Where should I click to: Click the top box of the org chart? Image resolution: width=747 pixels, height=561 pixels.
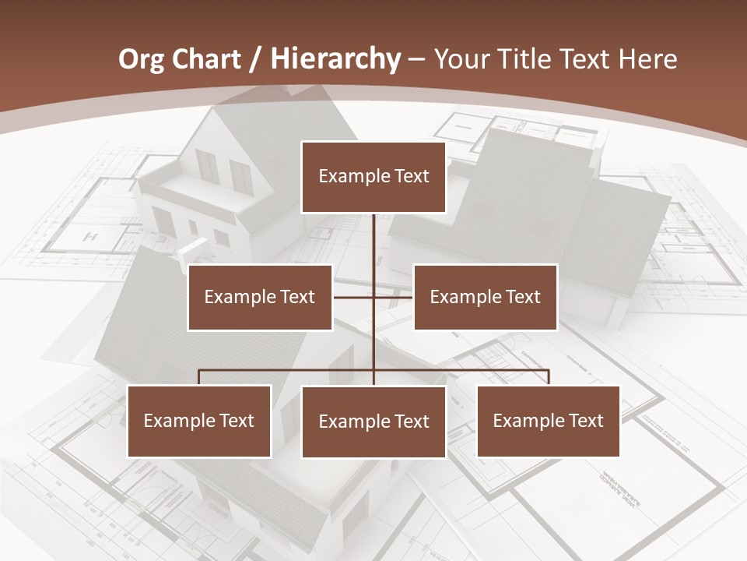click(x=373, y=177)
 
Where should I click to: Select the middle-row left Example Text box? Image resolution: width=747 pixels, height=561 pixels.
click(x=260, y=297)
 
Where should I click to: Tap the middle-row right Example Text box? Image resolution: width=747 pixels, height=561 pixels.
click(x=485, y=297)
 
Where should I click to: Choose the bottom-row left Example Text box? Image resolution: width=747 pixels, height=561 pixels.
click(x=199, y=421)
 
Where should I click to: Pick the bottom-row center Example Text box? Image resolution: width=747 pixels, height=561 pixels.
click(x=373, y=422)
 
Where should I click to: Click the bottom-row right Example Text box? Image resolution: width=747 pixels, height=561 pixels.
click(x=549, y=421)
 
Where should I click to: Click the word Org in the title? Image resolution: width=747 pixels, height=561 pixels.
click(x=141, y=59)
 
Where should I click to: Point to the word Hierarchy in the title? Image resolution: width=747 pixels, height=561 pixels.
click(x=335, y=59)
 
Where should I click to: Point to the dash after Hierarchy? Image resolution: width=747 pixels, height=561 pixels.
click(x=416, y=60)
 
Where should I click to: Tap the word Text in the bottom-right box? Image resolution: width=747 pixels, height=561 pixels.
click(x=585, y=421)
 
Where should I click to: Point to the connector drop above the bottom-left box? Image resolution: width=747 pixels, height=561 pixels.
click(x=199, y=377)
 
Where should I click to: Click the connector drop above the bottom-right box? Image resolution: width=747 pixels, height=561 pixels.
click(x=549, y=377)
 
